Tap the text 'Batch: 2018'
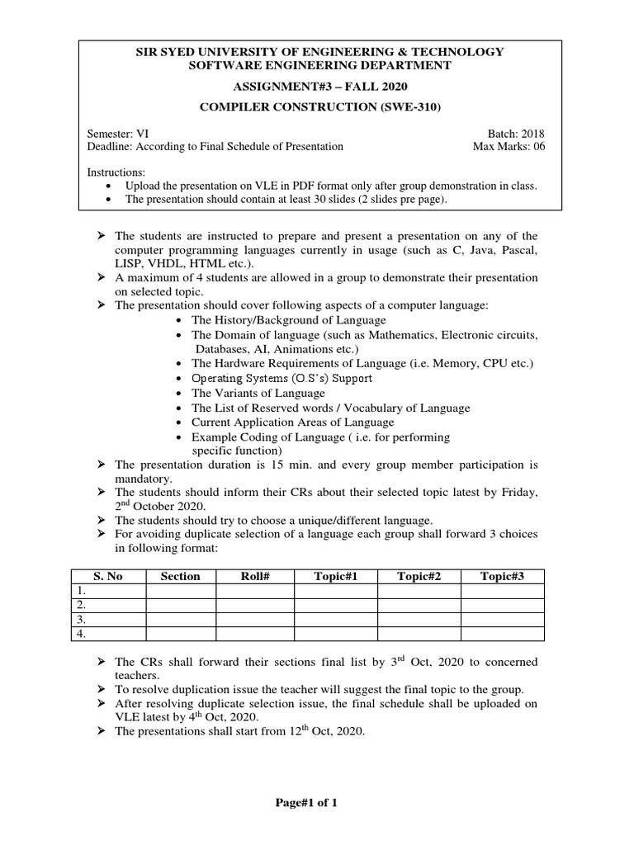click(517, 133)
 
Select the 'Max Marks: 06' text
click(509, 147)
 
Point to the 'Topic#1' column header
click(335, 576)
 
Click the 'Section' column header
click(181, 576)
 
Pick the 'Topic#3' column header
click(502, 576)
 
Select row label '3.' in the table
click(81, 619)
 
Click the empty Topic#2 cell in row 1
click(419, 591)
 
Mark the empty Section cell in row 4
click(181, 633)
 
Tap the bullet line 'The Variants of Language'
click(258, 393)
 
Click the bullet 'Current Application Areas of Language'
click(293, 422)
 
